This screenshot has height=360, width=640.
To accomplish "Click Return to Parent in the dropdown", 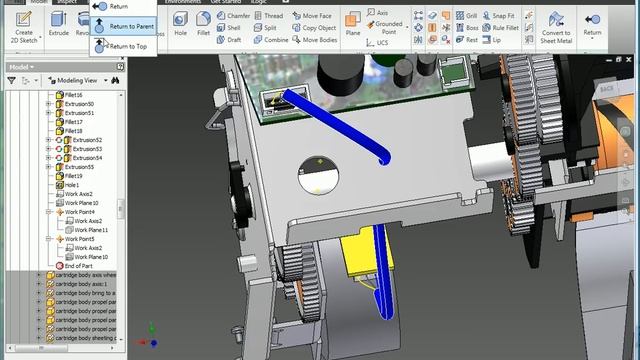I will point(131,26).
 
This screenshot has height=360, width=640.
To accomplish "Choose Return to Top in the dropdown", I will point(127,46).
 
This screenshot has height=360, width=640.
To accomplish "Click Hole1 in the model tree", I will point(71,185).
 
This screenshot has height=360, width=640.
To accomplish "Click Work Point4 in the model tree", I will point(80,212).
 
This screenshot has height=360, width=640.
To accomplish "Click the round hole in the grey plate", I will point(319,178).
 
